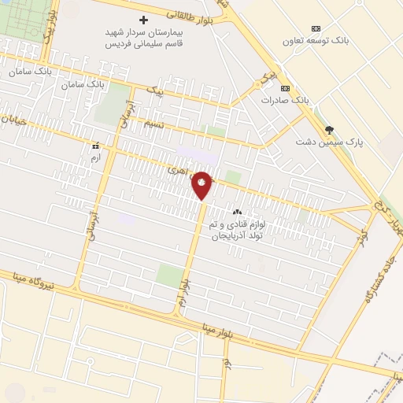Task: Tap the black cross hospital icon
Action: coord(142,20)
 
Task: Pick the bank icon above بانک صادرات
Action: coord(285,87)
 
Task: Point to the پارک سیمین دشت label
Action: coord(324,142)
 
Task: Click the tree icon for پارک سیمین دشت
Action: coord(329,130)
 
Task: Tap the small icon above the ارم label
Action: coord(96,146)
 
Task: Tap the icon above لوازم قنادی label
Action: coord(236,212)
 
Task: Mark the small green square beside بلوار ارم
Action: coord(170,275)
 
